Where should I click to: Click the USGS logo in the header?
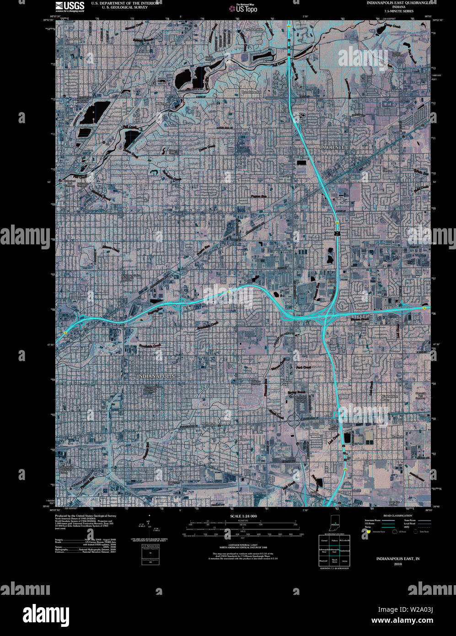[70, 6]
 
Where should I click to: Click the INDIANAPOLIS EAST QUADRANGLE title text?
[398, 2]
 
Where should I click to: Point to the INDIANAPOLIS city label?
[156, 376]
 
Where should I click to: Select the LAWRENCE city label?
[332, 147]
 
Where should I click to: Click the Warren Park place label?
[286, 383]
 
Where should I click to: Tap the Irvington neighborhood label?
[208, 424]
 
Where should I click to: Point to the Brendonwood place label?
[251, 92]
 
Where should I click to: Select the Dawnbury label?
[75, 39]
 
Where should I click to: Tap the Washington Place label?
[390, 398]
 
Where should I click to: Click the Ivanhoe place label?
[397, 437]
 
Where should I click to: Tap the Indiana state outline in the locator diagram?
[335, 525]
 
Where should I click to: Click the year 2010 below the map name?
[397, 564]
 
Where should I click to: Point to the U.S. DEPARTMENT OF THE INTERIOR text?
[125, 3]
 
